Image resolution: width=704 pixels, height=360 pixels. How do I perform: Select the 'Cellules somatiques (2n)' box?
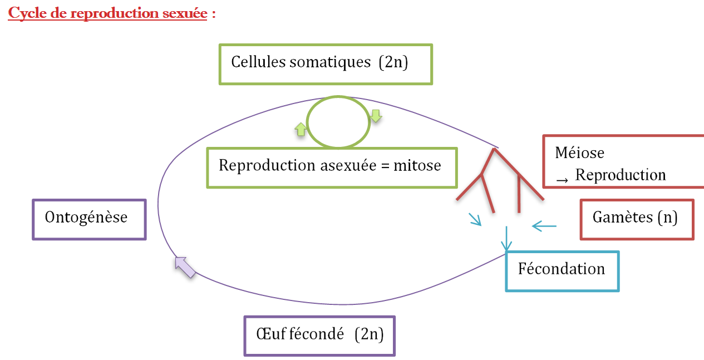pyautogui.click(x=326, y=64)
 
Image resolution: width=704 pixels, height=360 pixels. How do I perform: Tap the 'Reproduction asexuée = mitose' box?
pyautogui.click(x=331, y=167)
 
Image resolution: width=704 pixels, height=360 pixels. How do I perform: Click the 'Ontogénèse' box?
pyautogui.click(x=89, y=219)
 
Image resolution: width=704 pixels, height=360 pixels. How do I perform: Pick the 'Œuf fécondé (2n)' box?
pyautogui.click(x=319, y=336)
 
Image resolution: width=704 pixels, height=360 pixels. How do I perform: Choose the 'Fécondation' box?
pyautogui.click(x=562, y=271)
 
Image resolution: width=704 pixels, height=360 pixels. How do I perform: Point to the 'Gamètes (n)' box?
pyautogui.click(x=637, y=219)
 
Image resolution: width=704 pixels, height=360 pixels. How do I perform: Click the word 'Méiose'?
pyautogui.click(x=579, y=152)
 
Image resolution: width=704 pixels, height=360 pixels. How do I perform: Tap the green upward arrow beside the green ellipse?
pyautogui.click(x=301, y=129)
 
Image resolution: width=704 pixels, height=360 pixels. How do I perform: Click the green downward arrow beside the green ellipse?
pyautogui.click(x=376, y=116)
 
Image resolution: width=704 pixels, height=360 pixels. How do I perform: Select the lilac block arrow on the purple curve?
pyautogui.click(x=185, y=267)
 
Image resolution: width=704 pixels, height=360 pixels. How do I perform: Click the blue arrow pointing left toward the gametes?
pyautogui.click(x=544, y=226)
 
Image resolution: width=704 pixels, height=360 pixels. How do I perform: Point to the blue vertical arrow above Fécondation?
pyautogui.click(x=506, y=239)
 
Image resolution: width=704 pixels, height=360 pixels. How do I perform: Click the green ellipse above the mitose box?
pyautogui.click(x=338, y=122)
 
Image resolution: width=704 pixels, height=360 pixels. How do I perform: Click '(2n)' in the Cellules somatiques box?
pyautogui.click(x=393, y=62)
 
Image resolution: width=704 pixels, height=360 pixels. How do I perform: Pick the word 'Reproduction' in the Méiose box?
pyautogui.click(x=621, y=175)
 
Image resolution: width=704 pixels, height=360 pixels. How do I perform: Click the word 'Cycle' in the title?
pyautogui.click(x=26, y=13)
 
